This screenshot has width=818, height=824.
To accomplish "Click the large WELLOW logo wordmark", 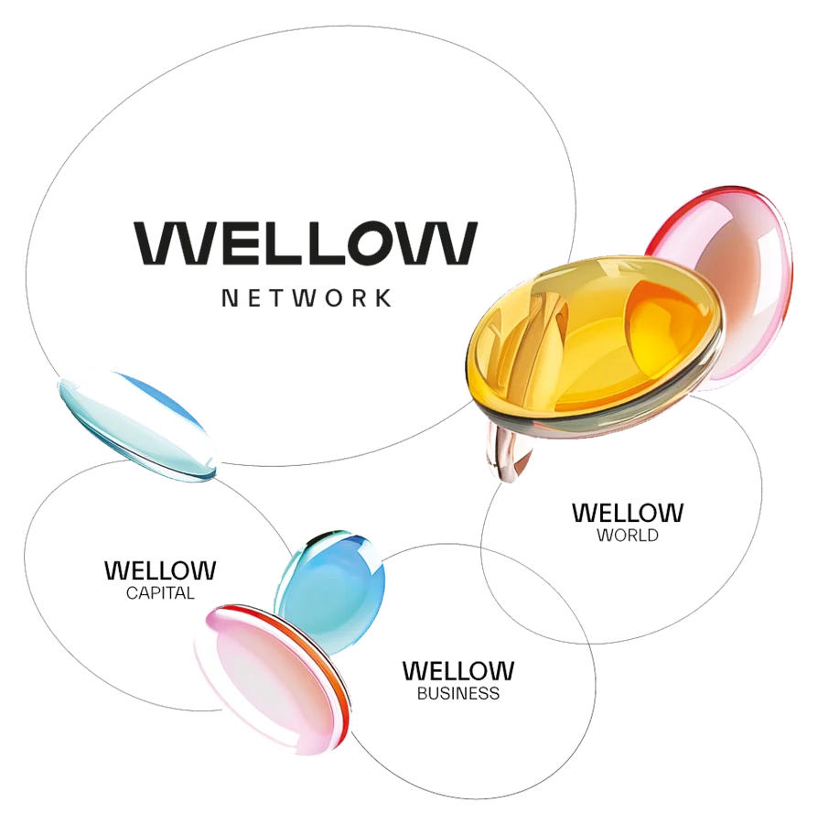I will click(306, 244).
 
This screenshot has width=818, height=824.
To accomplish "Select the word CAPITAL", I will click(160, 593).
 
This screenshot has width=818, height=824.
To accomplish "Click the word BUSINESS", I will click(458, 694).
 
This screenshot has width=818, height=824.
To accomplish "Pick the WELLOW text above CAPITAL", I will click(161, 570).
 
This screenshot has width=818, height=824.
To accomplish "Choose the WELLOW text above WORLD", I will click(627, 513).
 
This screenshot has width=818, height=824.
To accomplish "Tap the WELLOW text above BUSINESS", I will click(458, 671).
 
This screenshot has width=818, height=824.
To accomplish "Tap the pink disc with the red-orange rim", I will click(265, 678).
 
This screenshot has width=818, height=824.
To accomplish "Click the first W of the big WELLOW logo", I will click(174, 244).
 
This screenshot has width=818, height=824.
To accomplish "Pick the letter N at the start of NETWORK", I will click(229, 298).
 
